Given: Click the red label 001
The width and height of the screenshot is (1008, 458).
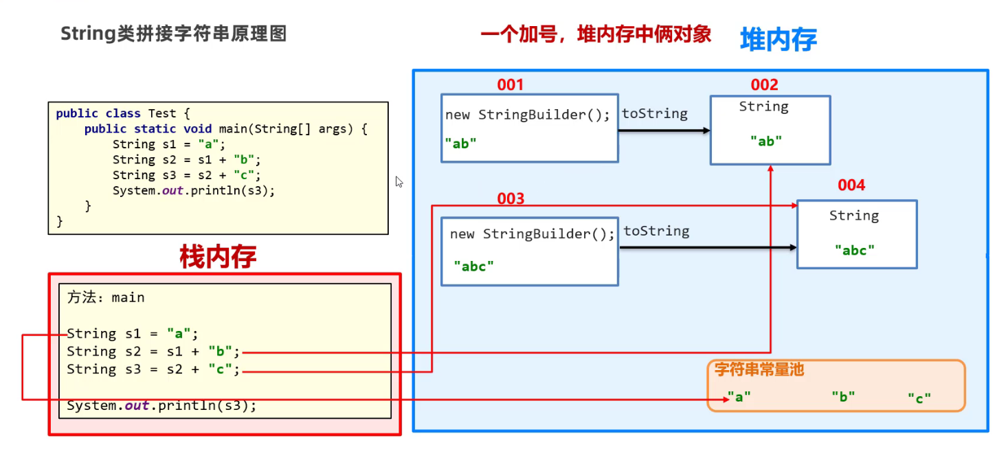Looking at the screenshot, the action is [510, 84].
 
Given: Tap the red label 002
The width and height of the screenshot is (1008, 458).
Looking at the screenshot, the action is [764, 84].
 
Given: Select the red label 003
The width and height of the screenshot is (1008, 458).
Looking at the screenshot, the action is [511, 198].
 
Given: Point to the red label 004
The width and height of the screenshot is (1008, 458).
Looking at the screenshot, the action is [851, 185].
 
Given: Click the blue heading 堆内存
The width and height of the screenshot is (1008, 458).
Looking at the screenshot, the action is [779, 39].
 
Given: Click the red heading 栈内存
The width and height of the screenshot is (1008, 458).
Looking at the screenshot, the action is [218, 257].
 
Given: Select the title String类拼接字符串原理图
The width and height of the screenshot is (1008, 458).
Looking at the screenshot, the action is [174, 34].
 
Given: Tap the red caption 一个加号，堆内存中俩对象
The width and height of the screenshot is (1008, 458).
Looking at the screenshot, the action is [596, 34].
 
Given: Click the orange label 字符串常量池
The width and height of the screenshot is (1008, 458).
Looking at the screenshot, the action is [759, 369].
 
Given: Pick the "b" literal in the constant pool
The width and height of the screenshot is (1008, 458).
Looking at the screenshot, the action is [843, 397].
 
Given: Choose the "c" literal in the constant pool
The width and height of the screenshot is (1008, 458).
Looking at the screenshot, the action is [919, 398].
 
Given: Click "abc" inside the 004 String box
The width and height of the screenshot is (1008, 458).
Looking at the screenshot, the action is [855, 250].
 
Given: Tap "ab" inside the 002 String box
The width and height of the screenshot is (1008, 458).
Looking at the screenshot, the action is [766, 141].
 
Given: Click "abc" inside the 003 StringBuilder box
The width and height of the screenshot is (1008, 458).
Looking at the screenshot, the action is [473, 266].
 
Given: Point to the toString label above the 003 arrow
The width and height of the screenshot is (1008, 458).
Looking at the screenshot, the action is [656, 231].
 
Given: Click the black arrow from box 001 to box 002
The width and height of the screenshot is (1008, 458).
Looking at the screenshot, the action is [664, 130].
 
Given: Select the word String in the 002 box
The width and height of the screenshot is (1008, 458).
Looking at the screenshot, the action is [763, 107].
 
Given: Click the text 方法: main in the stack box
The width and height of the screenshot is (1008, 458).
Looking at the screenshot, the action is [106, 297].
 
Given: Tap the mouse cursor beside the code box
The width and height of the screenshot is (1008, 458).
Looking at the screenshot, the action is [399, 182].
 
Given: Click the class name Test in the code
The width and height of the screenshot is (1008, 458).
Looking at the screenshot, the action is [162, 113].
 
